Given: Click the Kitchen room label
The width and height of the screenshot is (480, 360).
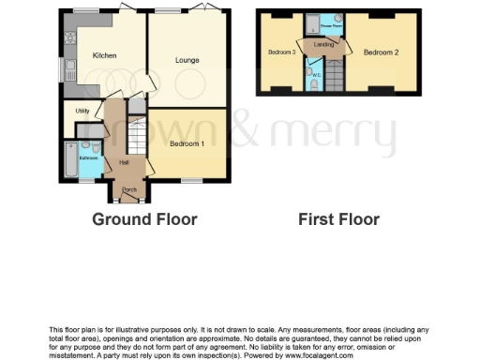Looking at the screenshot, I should pos(103,55).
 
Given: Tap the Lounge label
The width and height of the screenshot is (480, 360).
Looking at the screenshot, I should pos(187,60).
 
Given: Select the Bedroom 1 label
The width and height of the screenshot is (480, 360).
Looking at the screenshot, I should pos(187,143).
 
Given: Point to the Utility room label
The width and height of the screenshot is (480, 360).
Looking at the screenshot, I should pos(82,112).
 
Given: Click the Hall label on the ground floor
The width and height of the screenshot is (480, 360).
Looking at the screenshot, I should pos(124,163).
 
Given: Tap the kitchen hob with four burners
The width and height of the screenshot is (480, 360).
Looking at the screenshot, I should pos(69,39).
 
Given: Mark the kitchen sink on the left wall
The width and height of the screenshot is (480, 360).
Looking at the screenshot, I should pos(68,68).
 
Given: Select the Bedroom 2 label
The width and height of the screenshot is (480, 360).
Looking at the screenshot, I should pos(382,52).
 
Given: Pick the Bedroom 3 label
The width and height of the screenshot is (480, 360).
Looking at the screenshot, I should pos(281,52).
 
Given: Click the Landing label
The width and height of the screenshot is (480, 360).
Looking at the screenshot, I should pos(324,43).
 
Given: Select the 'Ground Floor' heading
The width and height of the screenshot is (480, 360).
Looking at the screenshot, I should pos(144,219).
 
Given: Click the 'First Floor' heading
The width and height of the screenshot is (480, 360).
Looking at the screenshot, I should pos(338,219).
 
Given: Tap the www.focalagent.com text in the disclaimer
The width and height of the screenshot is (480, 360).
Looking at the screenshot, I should pos(319,355).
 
